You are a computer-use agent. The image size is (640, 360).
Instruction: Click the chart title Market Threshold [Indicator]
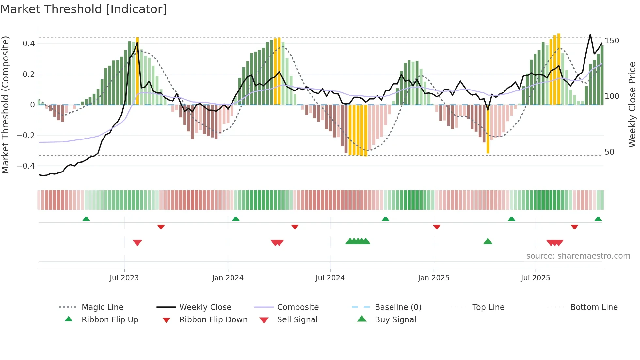(84, 9)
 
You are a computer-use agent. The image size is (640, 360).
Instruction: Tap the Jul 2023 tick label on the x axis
(124, 278)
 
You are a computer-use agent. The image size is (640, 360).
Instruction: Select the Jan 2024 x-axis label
(228, 278)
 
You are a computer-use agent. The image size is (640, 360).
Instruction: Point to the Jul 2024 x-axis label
(330, 278)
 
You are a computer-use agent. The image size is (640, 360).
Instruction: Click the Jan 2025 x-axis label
(434, 278)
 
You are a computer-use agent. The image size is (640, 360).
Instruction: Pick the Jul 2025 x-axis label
(536, 278)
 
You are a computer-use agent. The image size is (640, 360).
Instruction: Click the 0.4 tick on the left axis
(29, 44)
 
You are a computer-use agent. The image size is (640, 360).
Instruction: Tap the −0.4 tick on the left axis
(26, 166)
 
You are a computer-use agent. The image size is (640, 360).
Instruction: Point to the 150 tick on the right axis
(612, 41)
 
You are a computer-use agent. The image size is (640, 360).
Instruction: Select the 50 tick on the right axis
(609, 152)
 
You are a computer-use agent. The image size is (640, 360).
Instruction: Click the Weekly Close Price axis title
(632, 105)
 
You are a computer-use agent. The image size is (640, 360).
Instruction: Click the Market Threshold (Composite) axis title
(5, 105)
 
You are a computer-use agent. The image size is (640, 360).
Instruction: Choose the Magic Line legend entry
(102, 307)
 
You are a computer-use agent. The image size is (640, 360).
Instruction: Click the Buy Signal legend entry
(395, 320)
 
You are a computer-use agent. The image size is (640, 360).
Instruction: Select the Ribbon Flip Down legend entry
(213, 320)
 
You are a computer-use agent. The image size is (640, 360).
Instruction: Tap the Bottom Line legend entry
(594, 307)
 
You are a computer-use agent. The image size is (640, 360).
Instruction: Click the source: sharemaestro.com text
(578, 256)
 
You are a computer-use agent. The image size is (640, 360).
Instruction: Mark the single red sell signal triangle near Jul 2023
(137, 242)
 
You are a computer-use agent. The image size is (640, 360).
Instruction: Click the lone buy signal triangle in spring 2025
(488, 241)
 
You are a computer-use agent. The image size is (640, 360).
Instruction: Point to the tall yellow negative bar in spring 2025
(488, 129)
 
